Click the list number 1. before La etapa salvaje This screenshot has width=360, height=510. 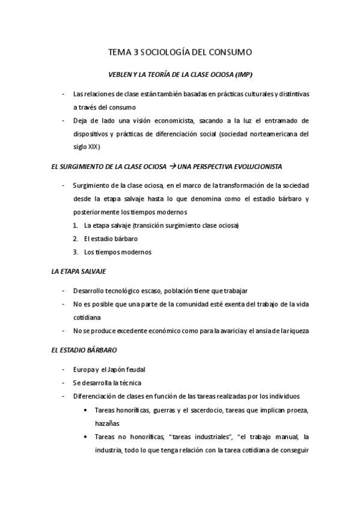pyautogui.click(x=76, y=226)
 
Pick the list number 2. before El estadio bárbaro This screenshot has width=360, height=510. pyautogui.click(x=76, y=239)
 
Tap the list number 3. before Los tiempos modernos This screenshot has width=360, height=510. pyautogui.click(x=76, y=252)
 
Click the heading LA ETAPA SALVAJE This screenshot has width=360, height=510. pyautogui.click(x=79, y=271)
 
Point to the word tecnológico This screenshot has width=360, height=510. pyautogui.click(x=127, y=290)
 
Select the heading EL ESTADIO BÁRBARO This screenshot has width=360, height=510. pyautogui.click(x=84, y=349)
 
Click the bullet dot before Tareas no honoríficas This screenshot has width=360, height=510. pyautogui.click(x=88, y=436)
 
